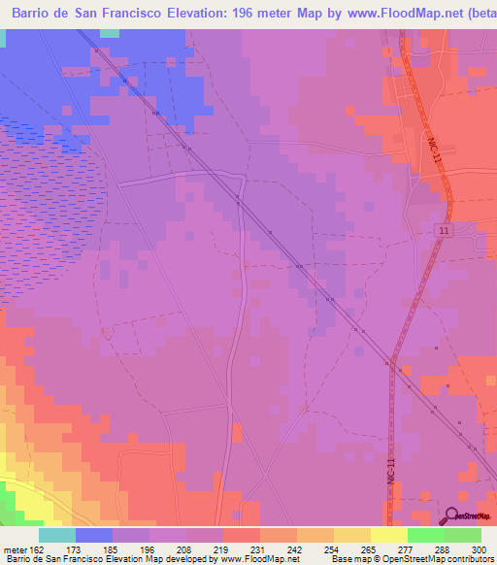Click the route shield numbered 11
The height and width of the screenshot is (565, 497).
click(444, 229)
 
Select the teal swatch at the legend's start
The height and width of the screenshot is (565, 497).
click(57, 536)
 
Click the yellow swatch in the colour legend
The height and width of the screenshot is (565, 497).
click(389, 536)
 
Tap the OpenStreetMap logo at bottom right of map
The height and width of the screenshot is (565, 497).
click(465, 518)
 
